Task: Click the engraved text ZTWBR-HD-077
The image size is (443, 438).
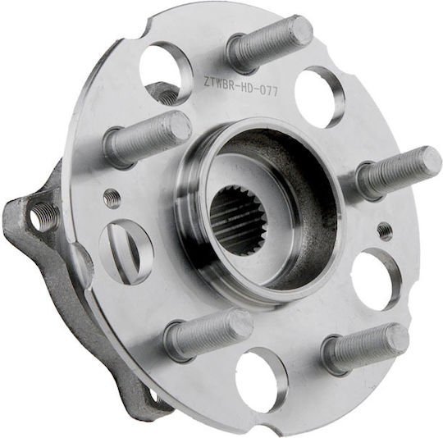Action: tap(240, 86)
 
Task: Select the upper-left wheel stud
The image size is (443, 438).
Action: tap(147, 139)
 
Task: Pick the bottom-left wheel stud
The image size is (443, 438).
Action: tap(209, 333)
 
